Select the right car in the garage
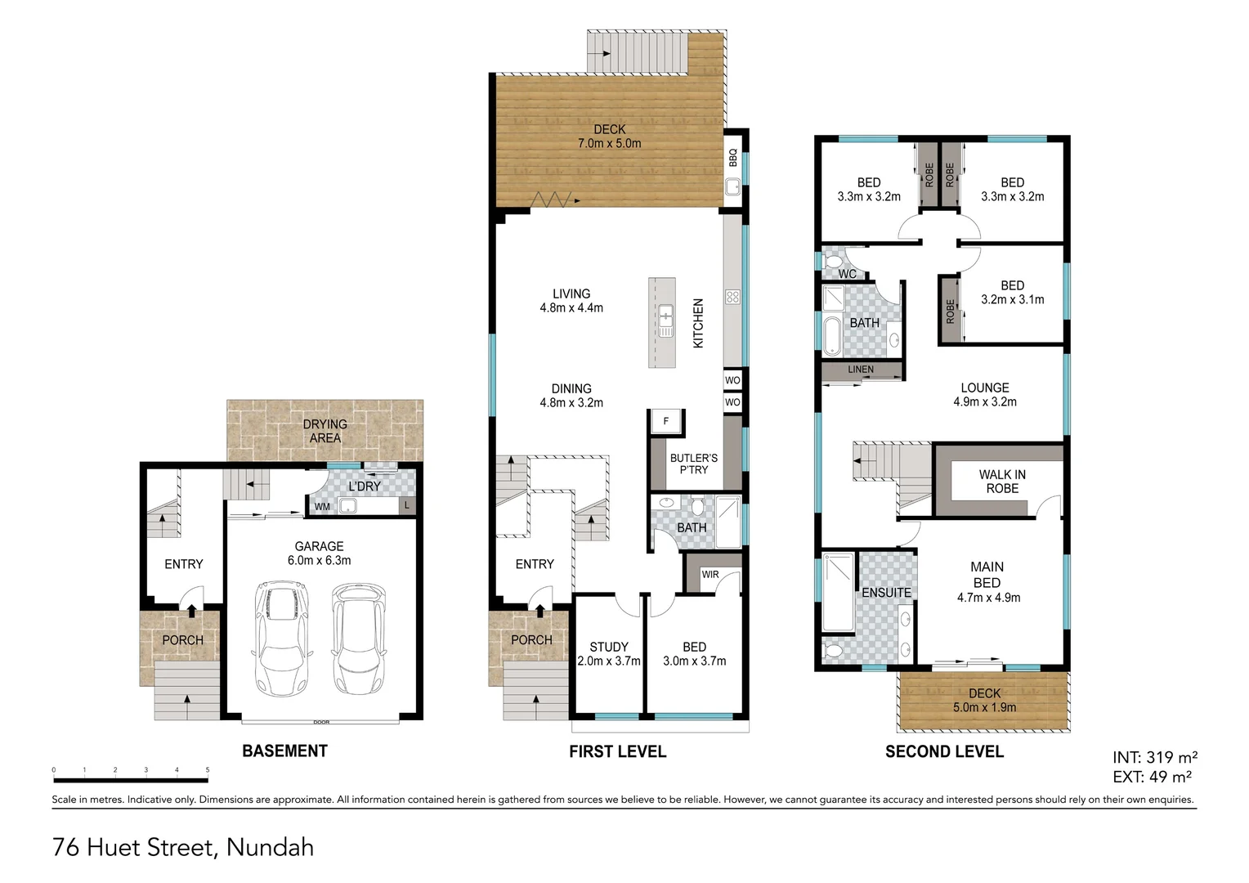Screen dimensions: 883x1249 point(358,637)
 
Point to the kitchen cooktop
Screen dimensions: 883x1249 point(732,298)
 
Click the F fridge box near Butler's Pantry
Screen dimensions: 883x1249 point(666,421)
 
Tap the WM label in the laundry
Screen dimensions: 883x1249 point(323,507)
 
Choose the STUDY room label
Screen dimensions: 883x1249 point(609,647)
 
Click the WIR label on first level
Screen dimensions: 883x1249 point(710,575)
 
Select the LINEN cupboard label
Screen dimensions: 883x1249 point(861,370)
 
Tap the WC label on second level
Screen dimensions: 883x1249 point(848,274)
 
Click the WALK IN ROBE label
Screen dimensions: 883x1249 point(1002,482)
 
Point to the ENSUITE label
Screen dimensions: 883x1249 point(886,592)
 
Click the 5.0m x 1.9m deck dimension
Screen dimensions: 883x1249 point(984,708)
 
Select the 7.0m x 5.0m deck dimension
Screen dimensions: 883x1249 point(609,144)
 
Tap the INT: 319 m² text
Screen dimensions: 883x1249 point(1154,758)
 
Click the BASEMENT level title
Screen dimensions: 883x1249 point(284,751)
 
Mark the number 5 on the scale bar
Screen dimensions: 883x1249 point(208,770)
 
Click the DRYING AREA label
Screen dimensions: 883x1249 point(325,431)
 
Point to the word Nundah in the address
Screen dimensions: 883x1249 point(270,847)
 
